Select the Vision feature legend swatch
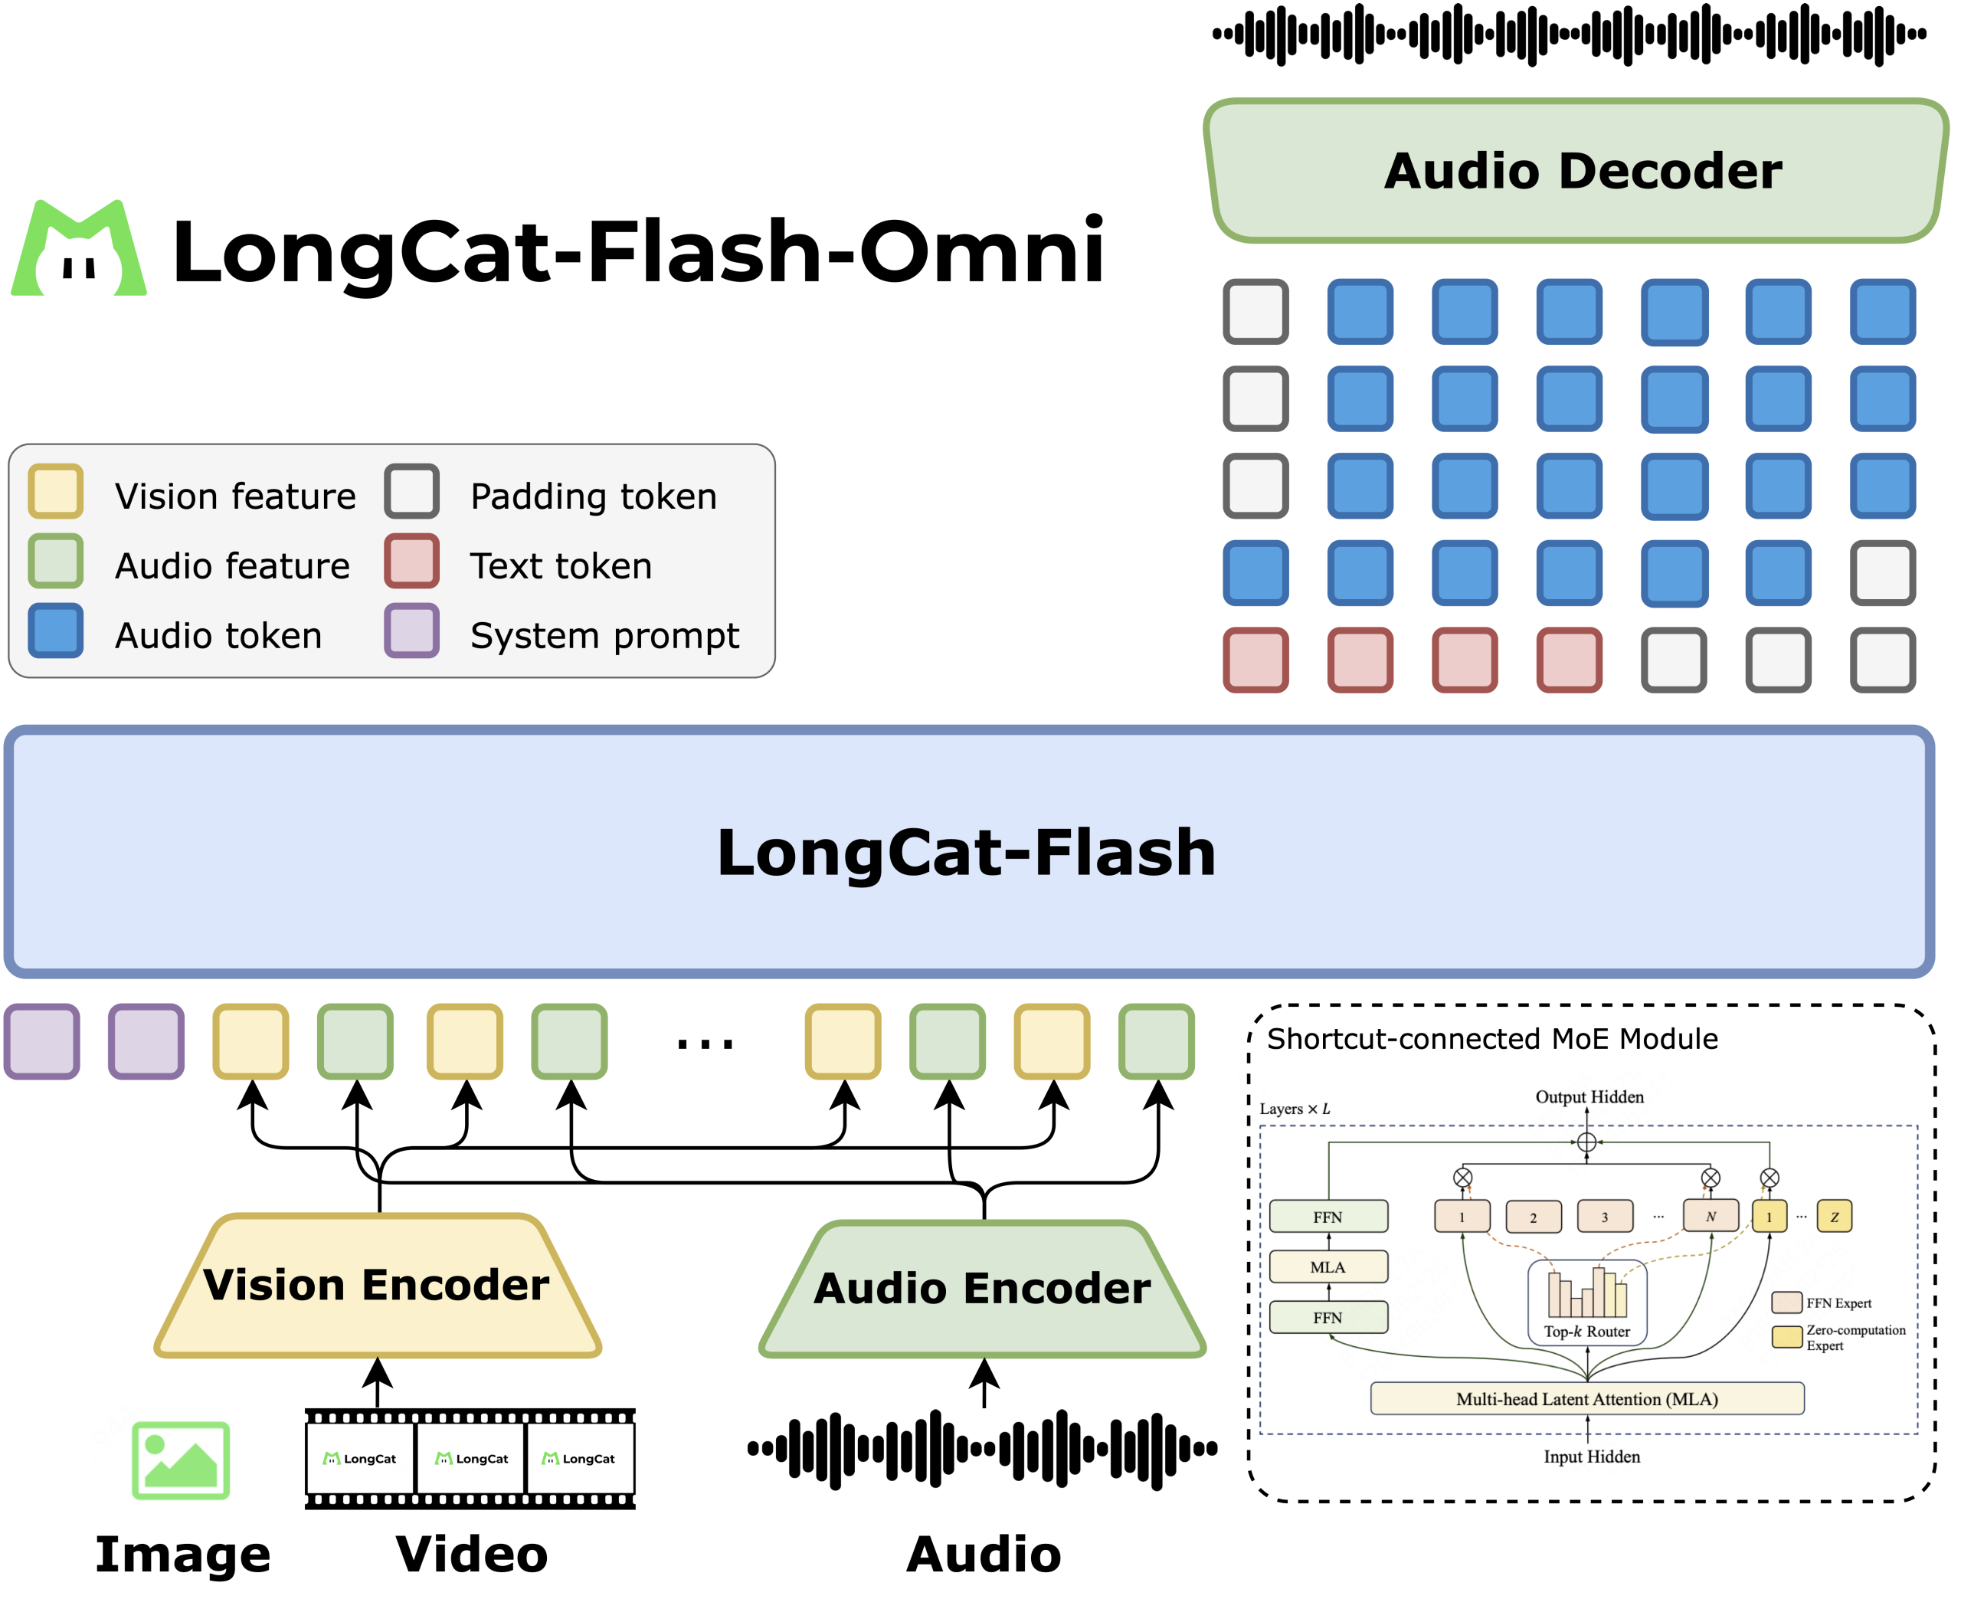click(56, 491)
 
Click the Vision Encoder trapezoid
click(377, 1286)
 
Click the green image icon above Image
click(181, 1460)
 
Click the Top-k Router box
click(1586, 1303)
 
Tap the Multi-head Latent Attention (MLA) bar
click(1586, 1399)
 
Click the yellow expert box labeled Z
click(1834, 1217)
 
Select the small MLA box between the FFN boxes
click(1328, 1267)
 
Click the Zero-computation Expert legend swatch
click(1786, 1336)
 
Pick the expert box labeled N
click(1711, 1216)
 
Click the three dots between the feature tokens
click(705, 1044)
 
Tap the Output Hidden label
click(1589, 1096)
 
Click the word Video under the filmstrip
click(472, 1555)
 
